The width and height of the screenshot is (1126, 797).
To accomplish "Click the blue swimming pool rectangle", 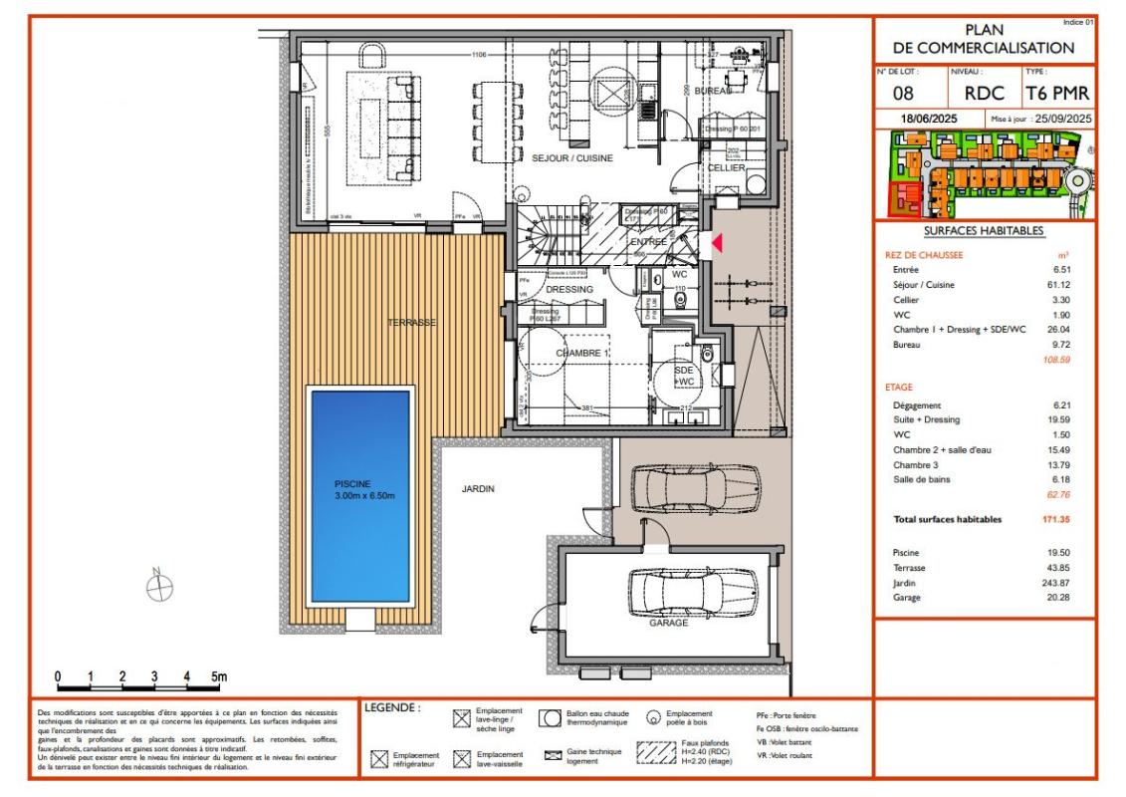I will pyautogui.click(x=360, y=495).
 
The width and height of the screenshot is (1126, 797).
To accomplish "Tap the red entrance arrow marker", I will pyautogui.click(x=716, y=242).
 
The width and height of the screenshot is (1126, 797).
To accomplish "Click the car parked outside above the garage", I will pyautogui.click(x=687, y=488).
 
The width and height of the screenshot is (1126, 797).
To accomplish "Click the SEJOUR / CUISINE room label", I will pyautogui.click(x=571, y=158).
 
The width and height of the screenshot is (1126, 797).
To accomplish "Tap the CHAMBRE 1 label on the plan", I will pyautogui.click(x=581, y=354).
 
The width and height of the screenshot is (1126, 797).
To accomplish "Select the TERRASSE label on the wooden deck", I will pyautogui.click(x=413, y=323).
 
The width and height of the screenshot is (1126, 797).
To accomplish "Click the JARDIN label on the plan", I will pyautogui.click(x=478, y=489).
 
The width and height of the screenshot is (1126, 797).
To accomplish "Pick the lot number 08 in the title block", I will pyautogui.click(x=904, y=95).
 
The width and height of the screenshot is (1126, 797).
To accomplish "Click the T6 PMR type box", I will pyautogui.click(x=1056, y=95).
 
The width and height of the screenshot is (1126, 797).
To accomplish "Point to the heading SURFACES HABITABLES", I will pyautogui.click(x=983, y=231).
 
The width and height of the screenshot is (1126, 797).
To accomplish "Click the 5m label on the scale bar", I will pyautogui.click(x=219, y=677).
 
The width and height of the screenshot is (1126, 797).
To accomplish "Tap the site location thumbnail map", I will pyautogui.click(x=984, y=175).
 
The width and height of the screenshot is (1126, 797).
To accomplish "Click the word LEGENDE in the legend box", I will pyautogui.click(x=392, y=708).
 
